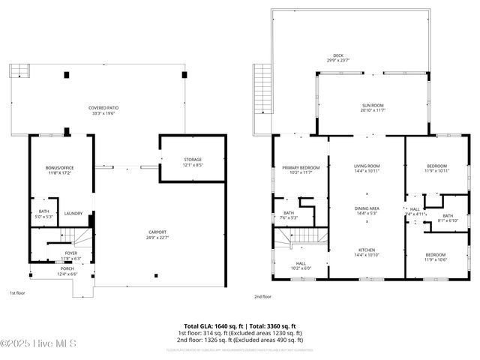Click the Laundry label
pos(73,214)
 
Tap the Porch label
pos(67,271)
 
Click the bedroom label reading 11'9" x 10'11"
pos(436,169)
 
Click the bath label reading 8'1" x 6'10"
pos(448,218)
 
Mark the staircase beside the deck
pos(262,88)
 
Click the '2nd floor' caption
pos(262,296)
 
